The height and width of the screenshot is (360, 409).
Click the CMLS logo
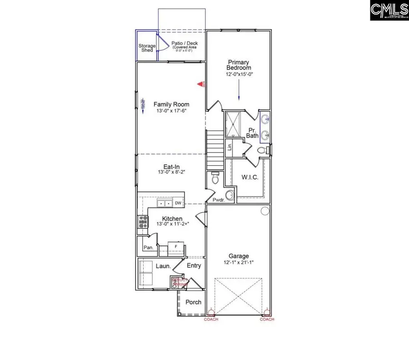(x=389, y=10)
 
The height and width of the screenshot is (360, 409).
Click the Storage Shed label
(x=147, y=48)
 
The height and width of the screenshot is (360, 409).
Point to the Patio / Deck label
(x=181, y=44)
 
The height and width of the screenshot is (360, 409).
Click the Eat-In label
(x=171, y=166)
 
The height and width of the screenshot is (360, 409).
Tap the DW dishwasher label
(x=178, y=203)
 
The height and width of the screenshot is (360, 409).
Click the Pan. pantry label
(x=148, y=247)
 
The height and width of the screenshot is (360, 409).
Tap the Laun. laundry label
(x=164, y=266)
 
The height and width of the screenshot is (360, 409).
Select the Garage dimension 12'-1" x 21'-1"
(x=239, y=262)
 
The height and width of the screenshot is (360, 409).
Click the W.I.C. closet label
(x=249, y=177)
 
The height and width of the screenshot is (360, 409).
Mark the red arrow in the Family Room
(x=200, y=84)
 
